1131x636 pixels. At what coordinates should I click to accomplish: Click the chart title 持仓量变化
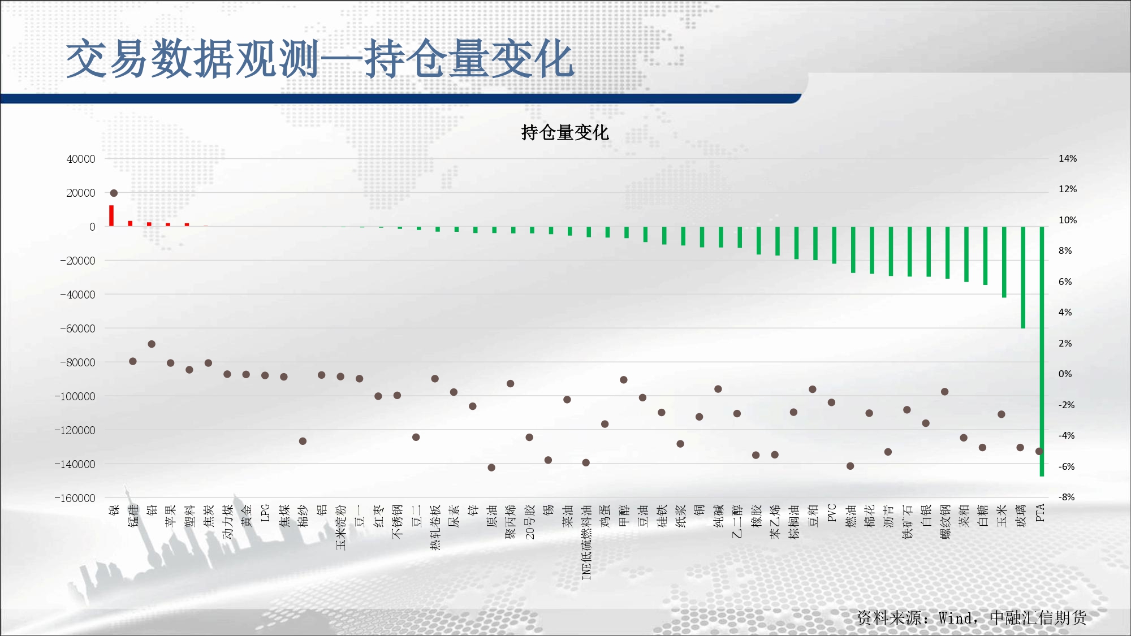[564, 132]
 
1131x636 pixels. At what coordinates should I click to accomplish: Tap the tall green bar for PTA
[1042, 351]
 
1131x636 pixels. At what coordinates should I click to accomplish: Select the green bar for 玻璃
[1023, 278]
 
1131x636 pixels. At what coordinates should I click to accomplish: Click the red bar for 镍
[111, 215]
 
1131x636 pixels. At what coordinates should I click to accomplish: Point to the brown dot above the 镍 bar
[114, 193]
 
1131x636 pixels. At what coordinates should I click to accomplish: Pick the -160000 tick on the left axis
[75, 498]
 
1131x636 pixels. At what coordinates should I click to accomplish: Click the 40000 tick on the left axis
[81, 159]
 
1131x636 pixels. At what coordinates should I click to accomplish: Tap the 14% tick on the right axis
[1068, 159]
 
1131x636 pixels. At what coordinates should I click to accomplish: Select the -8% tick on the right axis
[1067, 497]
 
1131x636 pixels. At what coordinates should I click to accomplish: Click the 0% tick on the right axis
[1065, 374]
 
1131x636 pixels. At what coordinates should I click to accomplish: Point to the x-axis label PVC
[832, 513]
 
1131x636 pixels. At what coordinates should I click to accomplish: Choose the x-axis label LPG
[265, 513]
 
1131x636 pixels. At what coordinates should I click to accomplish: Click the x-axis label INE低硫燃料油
[586, 542]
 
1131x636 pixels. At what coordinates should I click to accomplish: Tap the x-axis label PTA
[1040, 513]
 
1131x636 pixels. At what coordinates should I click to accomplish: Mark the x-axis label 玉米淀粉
[341, 527]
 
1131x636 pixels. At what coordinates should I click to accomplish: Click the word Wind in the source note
[956, 618]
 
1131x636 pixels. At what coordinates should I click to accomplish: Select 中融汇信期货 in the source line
[1038, 618]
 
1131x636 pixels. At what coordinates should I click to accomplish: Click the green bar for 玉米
[1004, 262]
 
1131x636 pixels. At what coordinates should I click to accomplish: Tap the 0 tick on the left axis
[92, 227]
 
